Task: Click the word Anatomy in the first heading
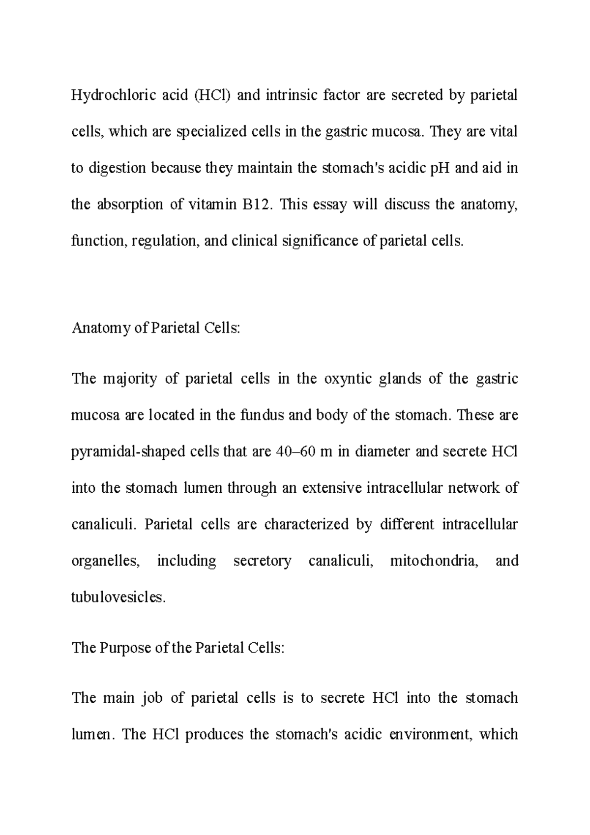[100, 328]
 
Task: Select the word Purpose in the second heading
[126, 648]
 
